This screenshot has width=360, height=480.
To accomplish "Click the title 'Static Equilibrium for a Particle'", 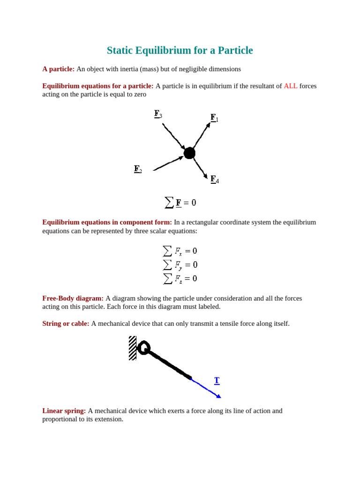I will pyautogui.click(x=180, y=51).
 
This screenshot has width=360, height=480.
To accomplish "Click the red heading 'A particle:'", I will pyautogui.click(x=58, y=69).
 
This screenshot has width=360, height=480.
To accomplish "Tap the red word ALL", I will pyautogui.click(x=290, y=86).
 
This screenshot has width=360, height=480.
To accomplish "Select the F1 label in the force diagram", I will pyautogui.click(x=214, y=118).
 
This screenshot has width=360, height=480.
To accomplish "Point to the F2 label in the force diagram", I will pyautogui.click(x=138, y=169).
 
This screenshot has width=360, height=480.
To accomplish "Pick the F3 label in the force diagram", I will pyautogui.click(x=158, y=114).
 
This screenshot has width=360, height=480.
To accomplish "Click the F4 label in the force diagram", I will pyautogui.click(x=214, y=179).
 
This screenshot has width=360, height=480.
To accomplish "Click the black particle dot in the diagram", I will pyautogui.click(x=189, y=153).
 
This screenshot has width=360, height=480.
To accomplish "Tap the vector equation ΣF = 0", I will pyautogui.click(x=180, y=202).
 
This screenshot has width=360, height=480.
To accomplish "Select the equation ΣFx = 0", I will pyautogui.click(x=180, y=251).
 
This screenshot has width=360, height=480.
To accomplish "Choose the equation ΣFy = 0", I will pyautogui.click(x=180, y=265).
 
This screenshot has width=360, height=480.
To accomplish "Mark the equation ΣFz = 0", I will pyautogui.click(x=180, y=278).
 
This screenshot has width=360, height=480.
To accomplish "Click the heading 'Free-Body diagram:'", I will pyautogui.click(x=73, y=298).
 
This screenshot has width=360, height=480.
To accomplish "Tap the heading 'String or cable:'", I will pyautogui.click(x=66, y=323).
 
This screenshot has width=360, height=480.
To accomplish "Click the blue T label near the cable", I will pyautogui.click(x=217, y=380).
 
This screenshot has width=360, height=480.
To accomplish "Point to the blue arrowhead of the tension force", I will pyautogui.click(x=218, y=397).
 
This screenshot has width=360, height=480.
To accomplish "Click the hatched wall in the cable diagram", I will pyautogui.click(x=132, y=348).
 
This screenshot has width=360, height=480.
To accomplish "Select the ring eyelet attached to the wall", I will pyautogui.click(x=143, y=348).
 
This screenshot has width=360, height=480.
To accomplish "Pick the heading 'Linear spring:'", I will pyautogui.click(x=64, y=411).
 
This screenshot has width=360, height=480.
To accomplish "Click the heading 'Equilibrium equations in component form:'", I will pyautogui.click(x=107, y=222).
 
